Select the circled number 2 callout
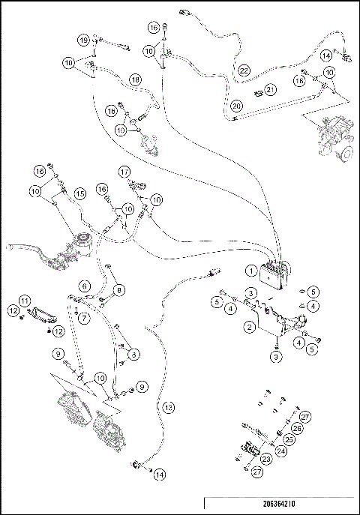click(x=249, y=327)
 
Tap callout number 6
click(x=85, y=285)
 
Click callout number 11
click(x=24, y=300)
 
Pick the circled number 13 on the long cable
click(x=169, y=406)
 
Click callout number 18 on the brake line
click(x=135, y=79)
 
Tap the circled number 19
click(x=85, y=39)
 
